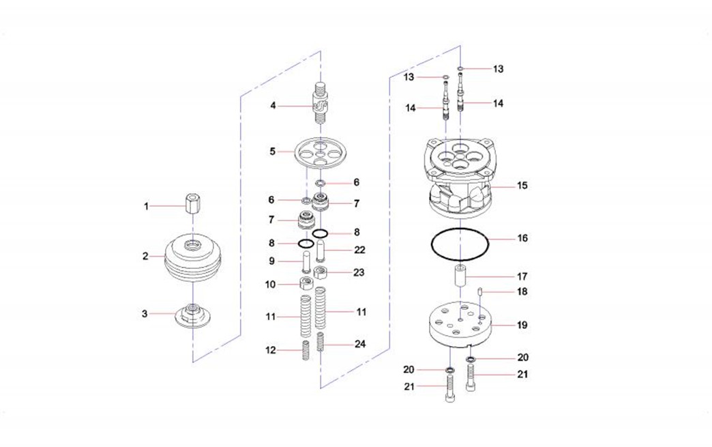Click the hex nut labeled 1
coord(192,206)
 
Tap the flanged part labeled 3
coord(193,315)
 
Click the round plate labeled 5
coord(321,154)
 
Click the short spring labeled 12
coord(306,350)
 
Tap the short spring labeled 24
coord(321,342)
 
